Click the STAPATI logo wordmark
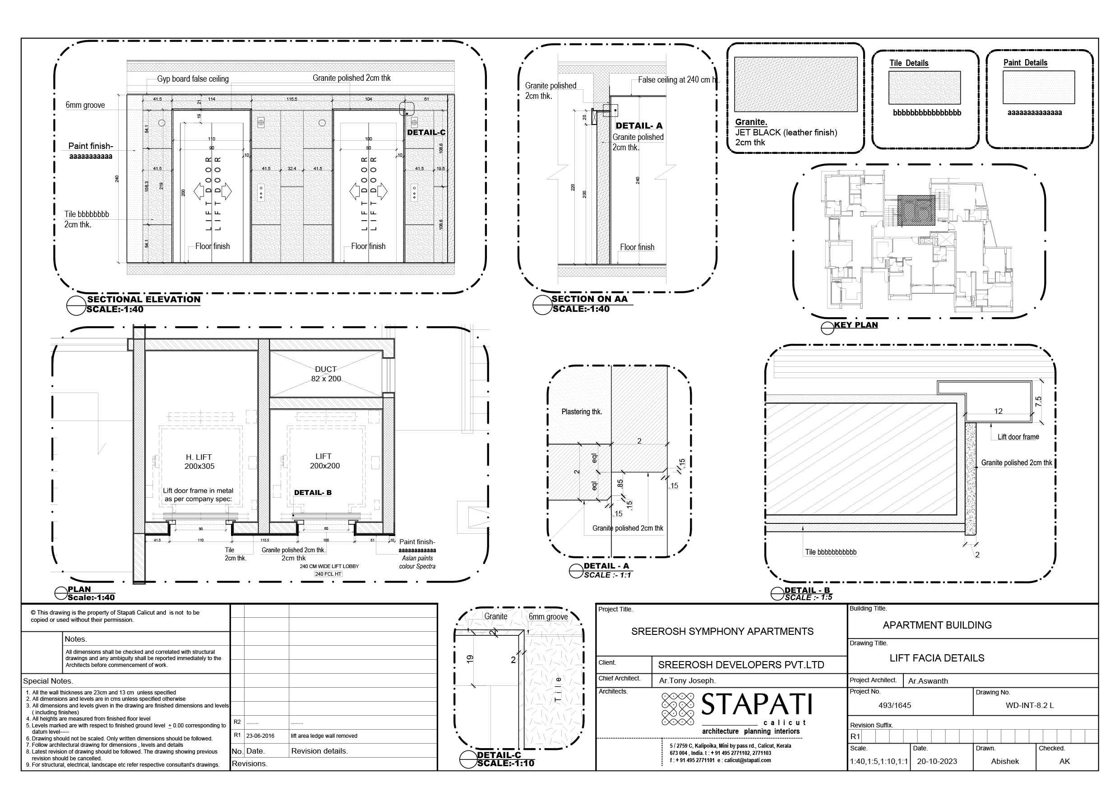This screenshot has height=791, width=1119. click(x=756, y=704)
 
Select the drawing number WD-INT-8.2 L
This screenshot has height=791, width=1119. click(x=1029, y=705)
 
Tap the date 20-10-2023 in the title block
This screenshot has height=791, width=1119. click(x=937, y=761)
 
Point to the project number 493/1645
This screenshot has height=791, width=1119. click(x=894, y=705)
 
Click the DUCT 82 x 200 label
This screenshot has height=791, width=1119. click(x=326, y=374)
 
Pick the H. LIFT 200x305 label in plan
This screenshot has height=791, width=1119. click(x=199, y=462)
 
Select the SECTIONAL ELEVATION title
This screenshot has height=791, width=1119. click(x=143, y=299)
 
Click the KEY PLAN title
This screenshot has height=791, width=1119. click(x=855, y=325)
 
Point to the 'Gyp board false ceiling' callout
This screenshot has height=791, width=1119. click(x=193, y=79)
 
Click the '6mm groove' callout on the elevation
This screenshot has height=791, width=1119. click(x=85, y=105)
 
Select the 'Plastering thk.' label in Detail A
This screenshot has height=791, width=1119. click(x=582, y=412)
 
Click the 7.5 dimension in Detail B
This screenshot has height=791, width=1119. click(x=1038, y=401)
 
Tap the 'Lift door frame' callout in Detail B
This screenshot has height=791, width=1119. click(x=1017, y=437)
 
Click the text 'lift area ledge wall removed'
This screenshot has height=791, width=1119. click(x=324, y=736)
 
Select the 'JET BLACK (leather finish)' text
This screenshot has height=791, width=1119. click(x=786, y=133)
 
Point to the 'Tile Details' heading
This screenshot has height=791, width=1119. click(x=908, y=63)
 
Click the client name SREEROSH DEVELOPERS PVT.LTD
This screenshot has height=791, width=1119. click(x=741, y=665)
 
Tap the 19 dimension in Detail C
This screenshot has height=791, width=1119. click(x=470, y=658)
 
